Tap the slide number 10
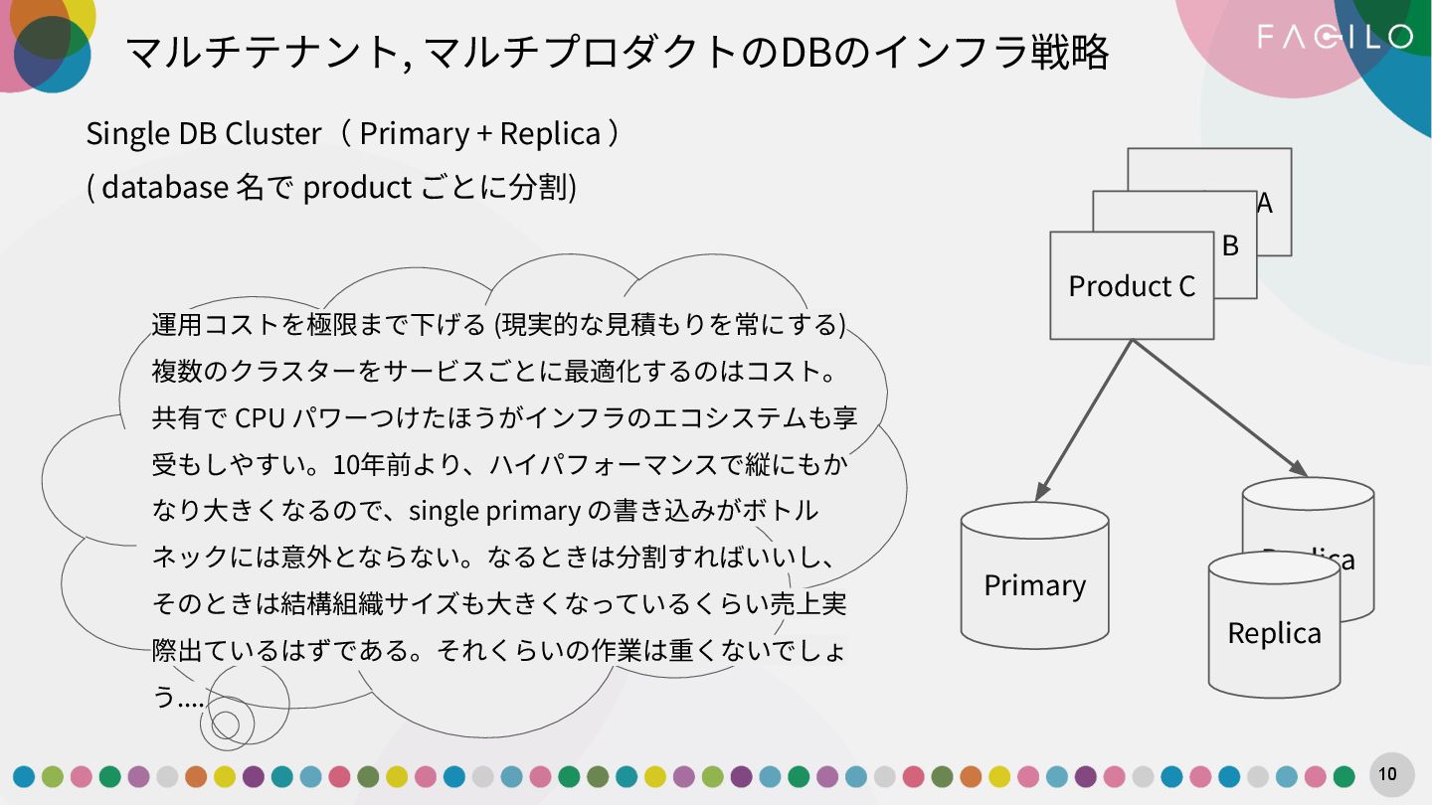(x=1388, y=774)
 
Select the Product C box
(x=1132, y=286)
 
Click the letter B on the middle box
(x=1231, y=245)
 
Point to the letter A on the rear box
(x=1265, y=203)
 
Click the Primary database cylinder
(x=1034, y=585)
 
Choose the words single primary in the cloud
(x=494, y=511)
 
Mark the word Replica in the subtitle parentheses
(x=550, y=133)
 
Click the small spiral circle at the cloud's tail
(x=226, y=723)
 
